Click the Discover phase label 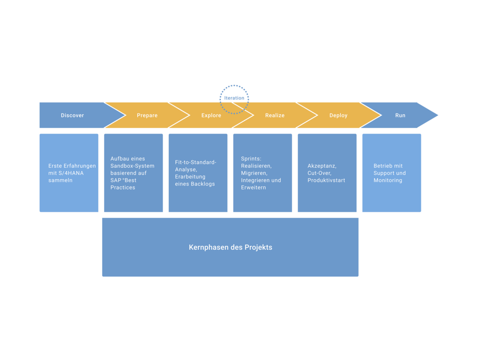pyautogui.click(x=72, y=115)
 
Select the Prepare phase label pyautogui.click(x=147, y=115)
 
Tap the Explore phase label pyautogui.click(x=211, y=115)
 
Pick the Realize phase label pyautogui.click(x=275, y=115)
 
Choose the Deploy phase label pyautogui.click(x=338, y=115)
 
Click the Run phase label pyautogui.click(x=400, y=115)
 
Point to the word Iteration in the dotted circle pyautogui.click(x=234, y=98)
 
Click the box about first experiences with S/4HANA pyautogui.click(x=69, y=172)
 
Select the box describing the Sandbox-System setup pyautogui.click(x=134, y=172)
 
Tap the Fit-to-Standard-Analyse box pyautogui.click(x=198, y=172)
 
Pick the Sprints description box pyautogui.click(x=262, y=172)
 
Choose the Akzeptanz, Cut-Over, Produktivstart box pyautogui.click(x=327, y=172)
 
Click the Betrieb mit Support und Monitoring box pyautogui.click(x=391, y=172)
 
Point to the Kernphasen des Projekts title pyautogui.click(x=231, y=247)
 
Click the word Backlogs pyautogui.click(x=203, y=184)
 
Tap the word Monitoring pyautogui.click(x=388, y=180)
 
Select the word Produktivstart pyautogui.click(x=326, y=180)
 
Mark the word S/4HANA pyautogui.click(x=71, y=173)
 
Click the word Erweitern pyautogui.click(x=254, y=187)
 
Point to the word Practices pyautogui.click(x=123, y=187)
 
